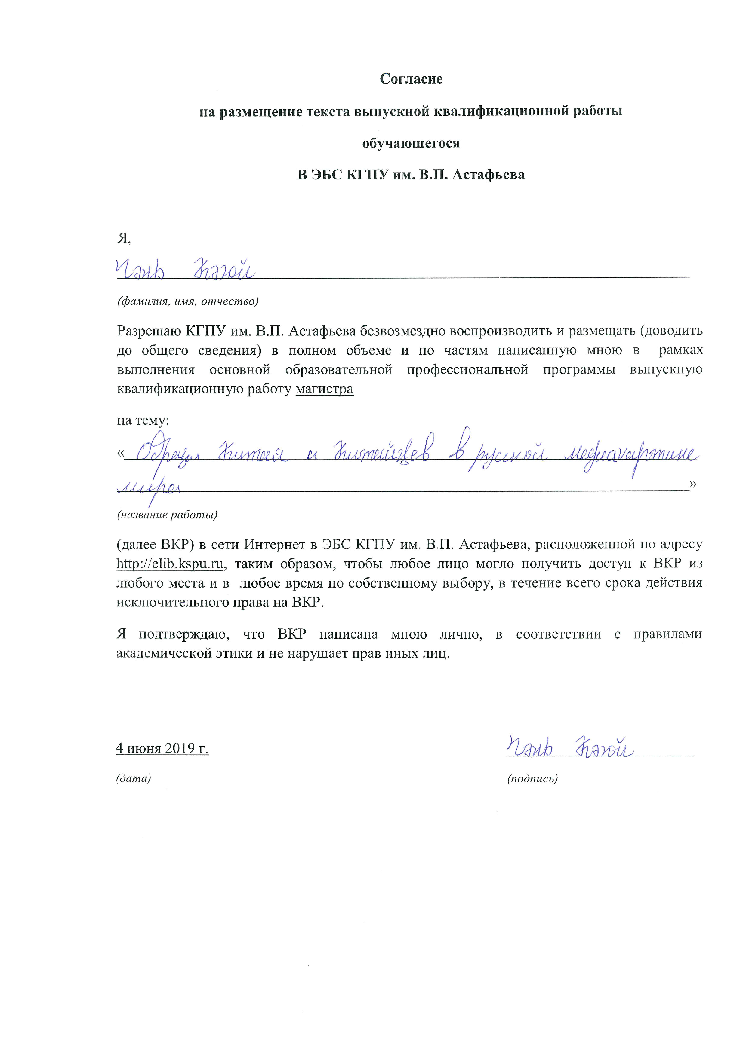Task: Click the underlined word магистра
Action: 324,389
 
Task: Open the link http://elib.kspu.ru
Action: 169,564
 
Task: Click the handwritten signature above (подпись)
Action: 570,747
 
